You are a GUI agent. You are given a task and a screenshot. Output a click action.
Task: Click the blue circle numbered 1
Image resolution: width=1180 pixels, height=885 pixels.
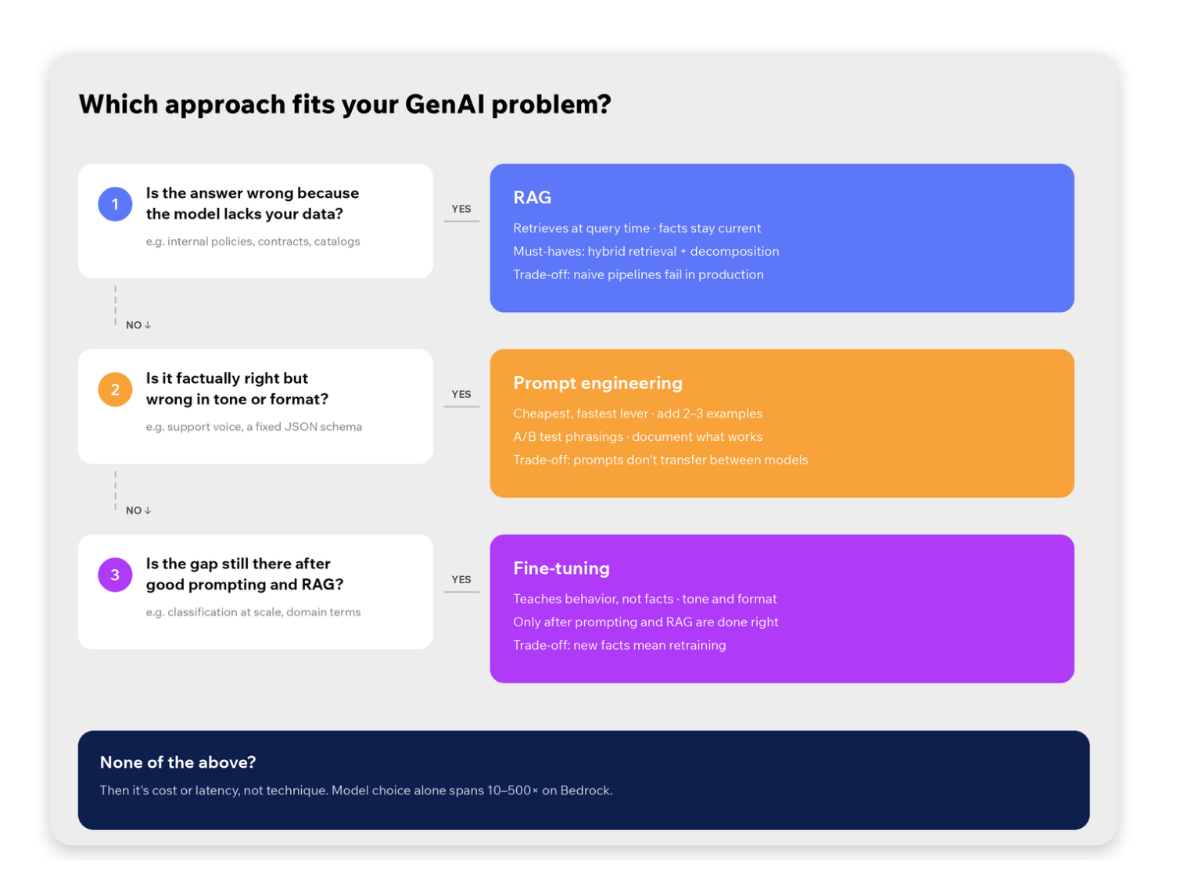click(115, 204)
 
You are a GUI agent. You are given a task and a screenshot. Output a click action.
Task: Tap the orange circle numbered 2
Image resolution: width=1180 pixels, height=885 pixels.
click(115, 389)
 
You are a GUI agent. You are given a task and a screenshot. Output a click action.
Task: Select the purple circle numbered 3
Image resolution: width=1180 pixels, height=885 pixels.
click(115, 575)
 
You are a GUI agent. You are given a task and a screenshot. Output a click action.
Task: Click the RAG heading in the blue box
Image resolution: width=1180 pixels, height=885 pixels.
click(533, 198)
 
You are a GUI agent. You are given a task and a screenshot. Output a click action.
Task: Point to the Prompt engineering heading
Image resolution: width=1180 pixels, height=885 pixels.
click(597, 383)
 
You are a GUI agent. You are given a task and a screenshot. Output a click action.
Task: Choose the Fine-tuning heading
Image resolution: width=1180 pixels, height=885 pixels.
click(561, 568)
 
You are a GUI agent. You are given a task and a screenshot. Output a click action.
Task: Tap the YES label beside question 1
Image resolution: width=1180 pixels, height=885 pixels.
click(461, 209)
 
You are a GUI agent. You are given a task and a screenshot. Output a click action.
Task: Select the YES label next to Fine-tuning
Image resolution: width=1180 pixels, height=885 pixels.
click(461, 580)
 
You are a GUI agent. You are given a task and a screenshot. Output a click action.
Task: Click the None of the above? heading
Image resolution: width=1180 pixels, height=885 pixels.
click(178, 762)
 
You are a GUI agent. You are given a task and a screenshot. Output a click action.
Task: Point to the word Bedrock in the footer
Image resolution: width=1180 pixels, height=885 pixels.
click(586, 790)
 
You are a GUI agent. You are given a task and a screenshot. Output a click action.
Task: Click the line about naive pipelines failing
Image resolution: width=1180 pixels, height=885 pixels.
click(638, 274)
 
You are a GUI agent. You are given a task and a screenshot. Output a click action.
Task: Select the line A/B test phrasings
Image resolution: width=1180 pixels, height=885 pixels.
click(637, 437)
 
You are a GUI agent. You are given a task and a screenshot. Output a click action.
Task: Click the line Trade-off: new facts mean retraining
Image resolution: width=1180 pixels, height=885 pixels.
click(619, 645)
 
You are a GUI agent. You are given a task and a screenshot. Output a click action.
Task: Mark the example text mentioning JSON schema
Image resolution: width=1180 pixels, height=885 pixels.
click(253, 427)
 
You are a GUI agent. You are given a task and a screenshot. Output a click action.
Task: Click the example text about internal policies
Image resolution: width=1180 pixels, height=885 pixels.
click(253, 242)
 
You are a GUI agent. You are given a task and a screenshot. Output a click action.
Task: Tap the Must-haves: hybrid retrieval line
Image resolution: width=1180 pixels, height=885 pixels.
click(646, 252)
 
